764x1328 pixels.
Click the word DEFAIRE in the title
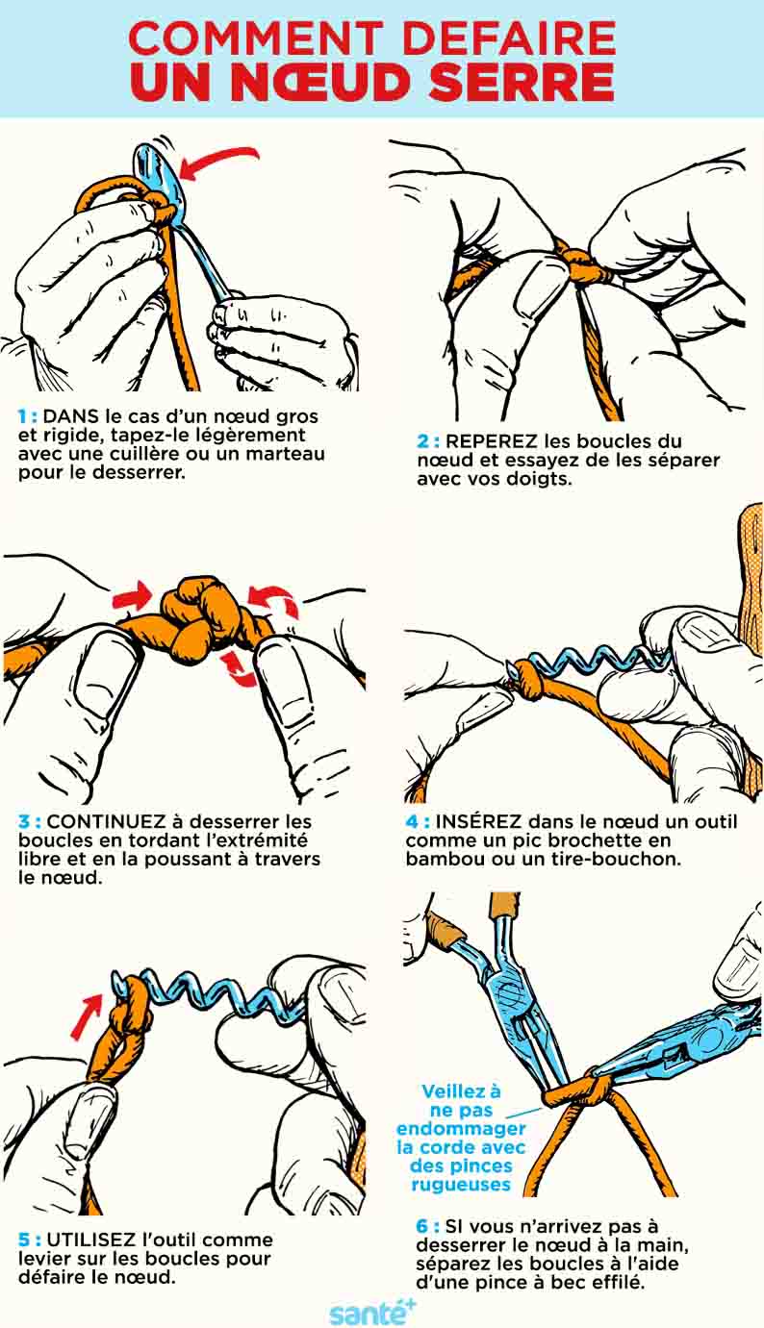click(508, 38)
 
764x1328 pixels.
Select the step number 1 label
click(26, 417)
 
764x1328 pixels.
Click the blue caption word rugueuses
click(461, 1185)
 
